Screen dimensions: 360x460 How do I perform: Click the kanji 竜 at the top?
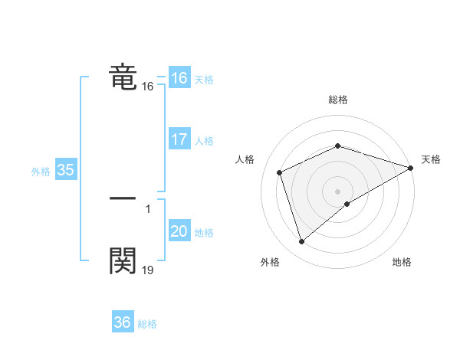click(123, 77)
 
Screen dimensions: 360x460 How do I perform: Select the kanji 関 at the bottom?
click(123, 260)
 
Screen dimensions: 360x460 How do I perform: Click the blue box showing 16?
click(179, 78)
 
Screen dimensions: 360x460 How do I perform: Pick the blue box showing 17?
click(179, 139)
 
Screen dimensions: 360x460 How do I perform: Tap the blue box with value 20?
click(179, 231)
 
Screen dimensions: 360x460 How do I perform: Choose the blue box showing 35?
click(65, 170)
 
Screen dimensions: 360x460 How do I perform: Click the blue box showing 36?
click(122, 322)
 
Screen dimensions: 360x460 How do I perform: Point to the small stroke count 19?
click(147, 270)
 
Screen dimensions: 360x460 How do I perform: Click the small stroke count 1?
click(147, 208)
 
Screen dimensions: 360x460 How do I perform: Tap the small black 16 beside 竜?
click(147, 87)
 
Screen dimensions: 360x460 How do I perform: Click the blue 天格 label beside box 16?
click(204, 80)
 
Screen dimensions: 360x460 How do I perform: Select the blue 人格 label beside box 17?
click(204, 141)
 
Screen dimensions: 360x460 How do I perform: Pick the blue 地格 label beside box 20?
click(204, 233)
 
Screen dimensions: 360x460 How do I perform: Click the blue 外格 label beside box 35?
click(41, 172)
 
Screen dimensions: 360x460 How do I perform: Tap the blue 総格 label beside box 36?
click(147, 324)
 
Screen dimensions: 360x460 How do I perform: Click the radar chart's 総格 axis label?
click(338, 100)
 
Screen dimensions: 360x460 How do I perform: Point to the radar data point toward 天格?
click(410, 169)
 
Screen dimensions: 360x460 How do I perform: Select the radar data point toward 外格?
click(301, 242)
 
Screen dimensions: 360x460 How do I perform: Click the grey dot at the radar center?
click(338, 191)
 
